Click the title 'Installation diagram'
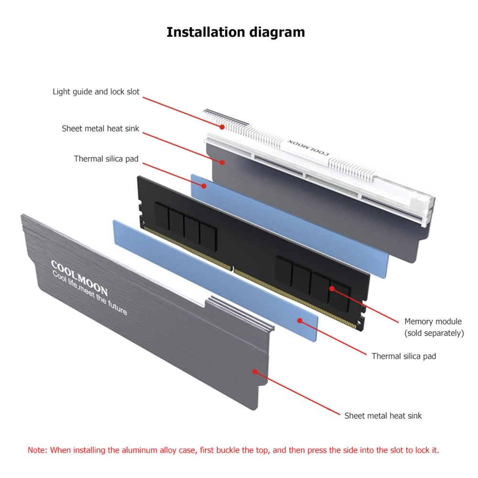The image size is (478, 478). point(236,33)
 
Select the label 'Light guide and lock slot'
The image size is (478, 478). point(96,92)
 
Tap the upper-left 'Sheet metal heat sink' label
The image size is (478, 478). point(100,129)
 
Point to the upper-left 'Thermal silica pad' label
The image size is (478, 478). point(106,159)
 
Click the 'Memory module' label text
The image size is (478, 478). point(433,322)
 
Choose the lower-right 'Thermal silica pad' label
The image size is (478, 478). point(403,357)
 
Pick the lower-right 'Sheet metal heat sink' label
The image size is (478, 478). point(383,416)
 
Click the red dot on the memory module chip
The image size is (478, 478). point(332,288)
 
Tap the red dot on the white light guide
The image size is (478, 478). point(222,127)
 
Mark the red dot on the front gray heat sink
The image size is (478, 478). point(255,371)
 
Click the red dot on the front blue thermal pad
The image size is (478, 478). point(300,321)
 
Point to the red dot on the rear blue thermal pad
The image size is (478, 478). point(204,185)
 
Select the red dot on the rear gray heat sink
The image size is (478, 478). point(222,162)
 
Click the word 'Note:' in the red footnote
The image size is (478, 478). point(37,450)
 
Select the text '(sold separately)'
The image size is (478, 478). point(434,333)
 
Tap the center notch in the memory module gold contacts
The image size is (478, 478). point(232,269)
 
